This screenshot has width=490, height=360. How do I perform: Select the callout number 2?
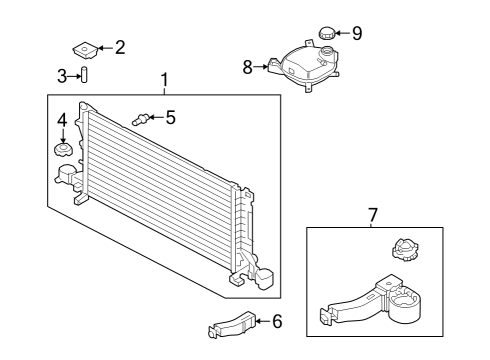click(x=120, y=46)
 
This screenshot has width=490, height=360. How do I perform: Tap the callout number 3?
click(x=62, y=75)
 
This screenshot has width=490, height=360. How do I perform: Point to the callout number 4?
click(x=62, y=120)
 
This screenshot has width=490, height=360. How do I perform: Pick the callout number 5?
click(x=170, y=117)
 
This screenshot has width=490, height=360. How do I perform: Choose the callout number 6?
click(x=277, y=321)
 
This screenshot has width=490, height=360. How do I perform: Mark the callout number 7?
click(x=373, y=214)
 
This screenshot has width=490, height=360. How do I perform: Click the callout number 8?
click(x=248, y=68)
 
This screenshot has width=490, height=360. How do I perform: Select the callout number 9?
click(x=357, y=33)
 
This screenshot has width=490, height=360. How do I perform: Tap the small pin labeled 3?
click(x=85, y=75)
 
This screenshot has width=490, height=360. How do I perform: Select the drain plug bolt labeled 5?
click(x=141, y=119)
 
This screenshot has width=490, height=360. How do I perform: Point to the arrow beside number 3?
click(x=73, y=75)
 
